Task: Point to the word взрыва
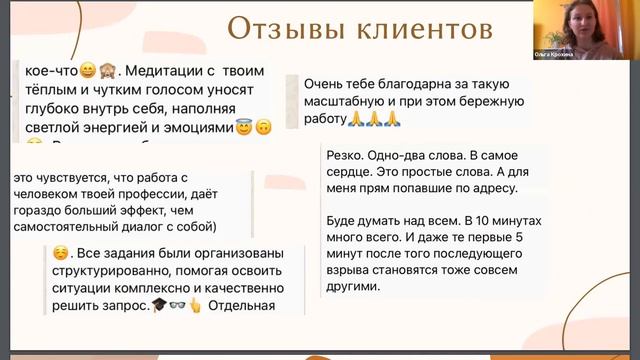coord(351,268)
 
